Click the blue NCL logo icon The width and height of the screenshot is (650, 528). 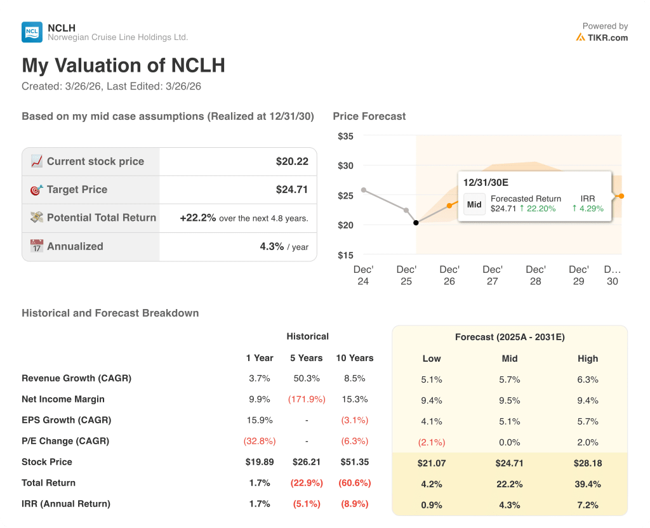32,32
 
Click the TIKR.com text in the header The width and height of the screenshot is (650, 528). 607,37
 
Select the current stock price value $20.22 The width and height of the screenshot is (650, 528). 292,162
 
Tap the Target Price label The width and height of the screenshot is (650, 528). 77,190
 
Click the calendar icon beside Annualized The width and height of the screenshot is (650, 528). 37,246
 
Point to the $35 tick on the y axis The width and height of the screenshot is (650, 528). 346,136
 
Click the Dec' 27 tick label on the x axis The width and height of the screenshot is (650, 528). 493,275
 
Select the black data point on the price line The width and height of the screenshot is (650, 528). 416,223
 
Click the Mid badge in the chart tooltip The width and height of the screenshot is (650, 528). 474,205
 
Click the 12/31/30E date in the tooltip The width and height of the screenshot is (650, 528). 486,183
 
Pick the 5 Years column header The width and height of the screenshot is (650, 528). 307,358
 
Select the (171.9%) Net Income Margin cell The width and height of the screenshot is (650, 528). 307,399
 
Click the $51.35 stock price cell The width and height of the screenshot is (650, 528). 354,462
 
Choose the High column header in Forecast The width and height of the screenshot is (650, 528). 588,359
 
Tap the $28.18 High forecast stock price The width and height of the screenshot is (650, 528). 588,463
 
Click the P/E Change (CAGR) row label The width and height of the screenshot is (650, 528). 65,441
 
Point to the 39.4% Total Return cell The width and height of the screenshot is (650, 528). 588,484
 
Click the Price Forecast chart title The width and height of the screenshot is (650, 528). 369,116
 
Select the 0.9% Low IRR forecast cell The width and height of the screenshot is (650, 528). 432,505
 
